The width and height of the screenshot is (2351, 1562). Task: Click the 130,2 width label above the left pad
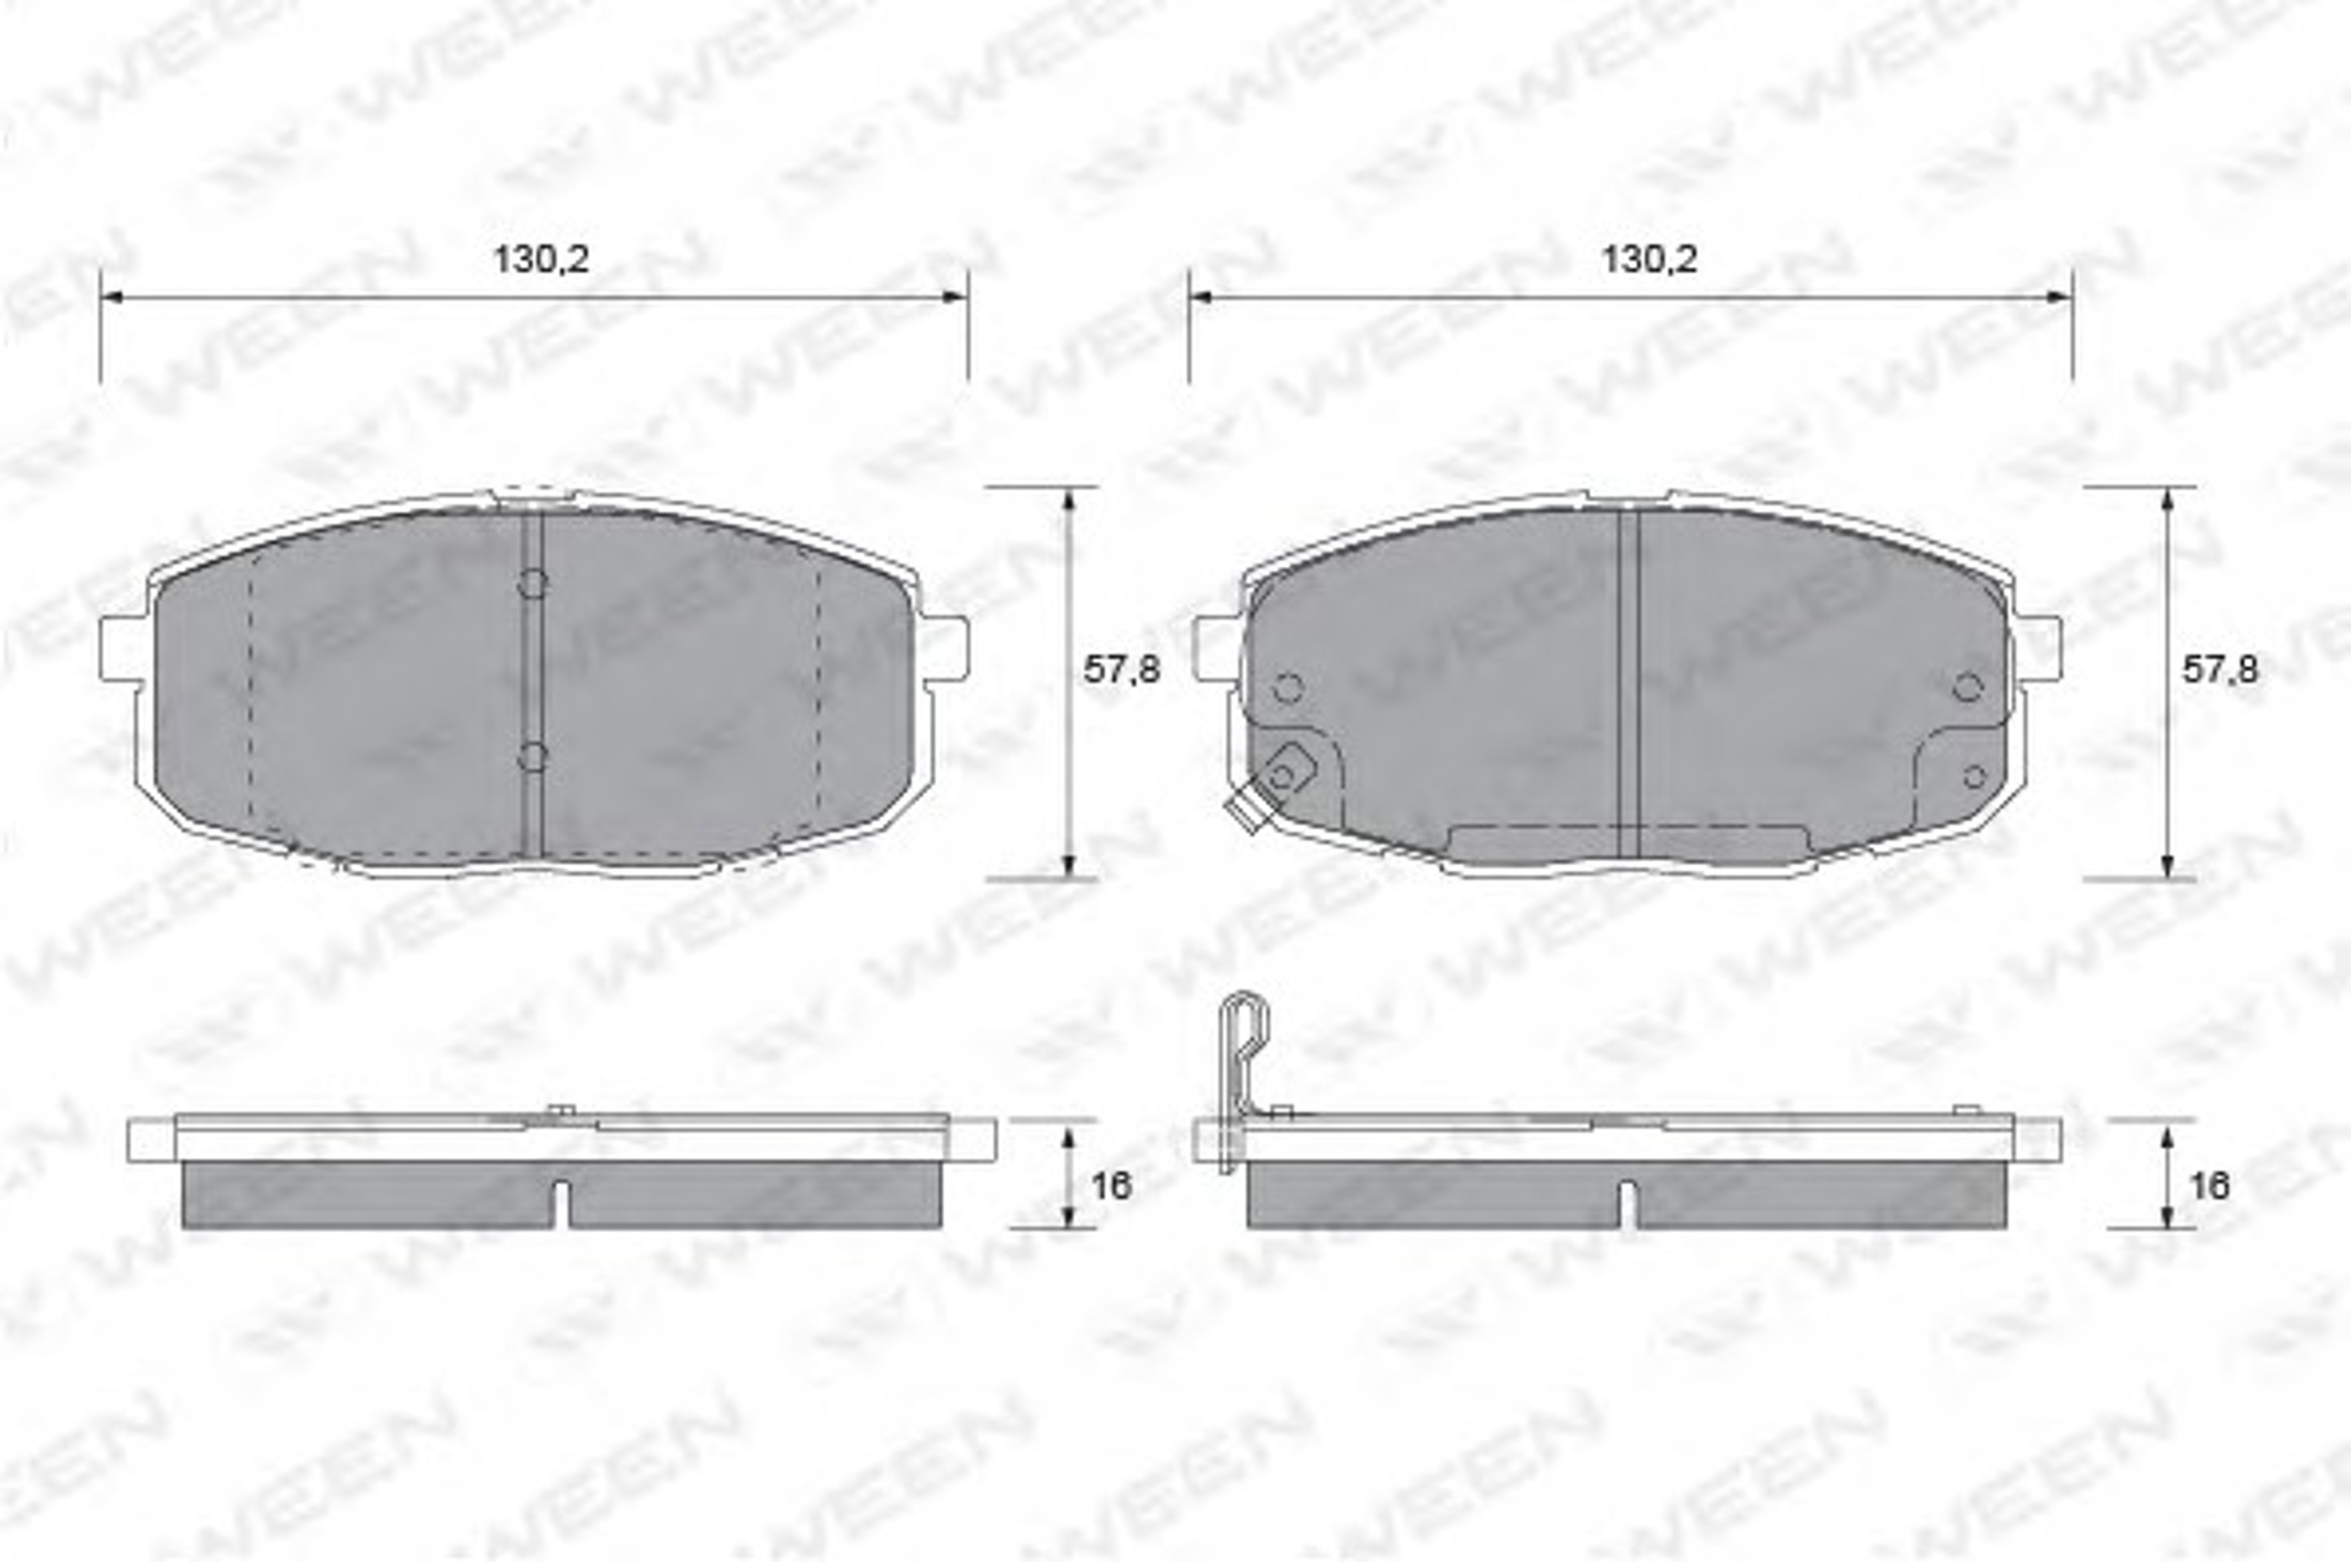tap(541, 260)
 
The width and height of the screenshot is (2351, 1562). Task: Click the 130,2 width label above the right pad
tap(1648, 260)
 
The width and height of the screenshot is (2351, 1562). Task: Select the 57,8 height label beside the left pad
tap(1121, 670)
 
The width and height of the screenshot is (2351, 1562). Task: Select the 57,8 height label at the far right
tap(2221, 670)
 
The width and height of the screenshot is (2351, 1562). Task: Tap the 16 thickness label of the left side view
tap(1110, 1186)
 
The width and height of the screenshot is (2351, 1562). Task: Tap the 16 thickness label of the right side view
tap(2209, 1186)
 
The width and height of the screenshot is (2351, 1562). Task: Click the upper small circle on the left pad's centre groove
tap(533, 584)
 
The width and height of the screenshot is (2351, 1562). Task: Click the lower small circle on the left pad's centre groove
tap(533, 757)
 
